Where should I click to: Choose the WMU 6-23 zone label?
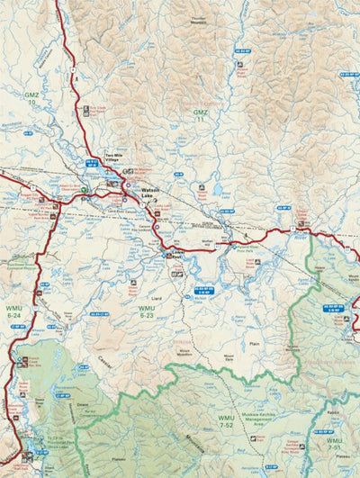(x=148, y=313)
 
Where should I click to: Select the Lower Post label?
(x=175, y=256)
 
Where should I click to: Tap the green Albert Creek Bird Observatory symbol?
(x=85, y=191)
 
